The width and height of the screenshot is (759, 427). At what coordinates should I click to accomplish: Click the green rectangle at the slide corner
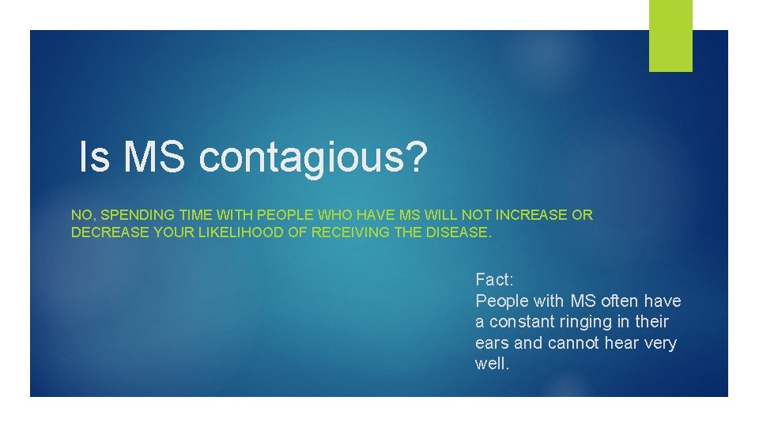click(x=670, y=35)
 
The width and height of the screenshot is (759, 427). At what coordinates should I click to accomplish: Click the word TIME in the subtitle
click(x=191, y=215)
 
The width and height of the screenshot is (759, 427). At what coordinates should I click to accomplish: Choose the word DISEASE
click(x=459, y=233)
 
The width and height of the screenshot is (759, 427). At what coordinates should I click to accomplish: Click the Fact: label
click(x=494, y=279)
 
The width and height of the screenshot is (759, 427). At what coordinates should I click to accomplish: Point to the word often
click(x=621, y=300)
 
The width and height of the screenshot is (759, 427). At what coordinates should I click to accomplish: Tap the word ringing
click(x=588, y=322)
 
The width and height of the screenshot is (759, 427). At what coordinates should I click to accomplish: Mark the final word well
click(x=491, y=365)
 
